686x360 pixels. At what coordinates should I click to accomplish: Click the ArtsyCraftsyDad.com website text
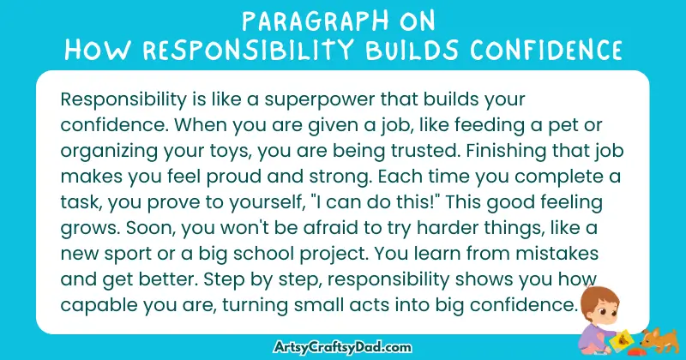(342, 346)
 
